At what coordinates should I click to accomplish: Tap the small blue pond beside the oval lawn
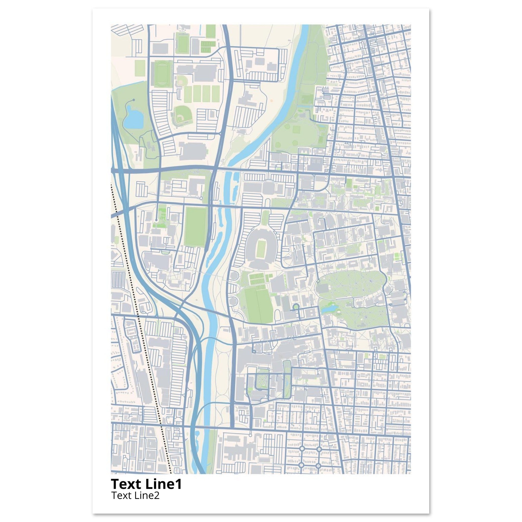[x=330, y=308]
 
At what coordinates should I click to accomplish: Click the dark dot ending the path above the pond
[x=134, y=100]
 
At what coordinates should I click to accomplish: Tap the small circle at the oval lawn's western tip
[x=319, y=281]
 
